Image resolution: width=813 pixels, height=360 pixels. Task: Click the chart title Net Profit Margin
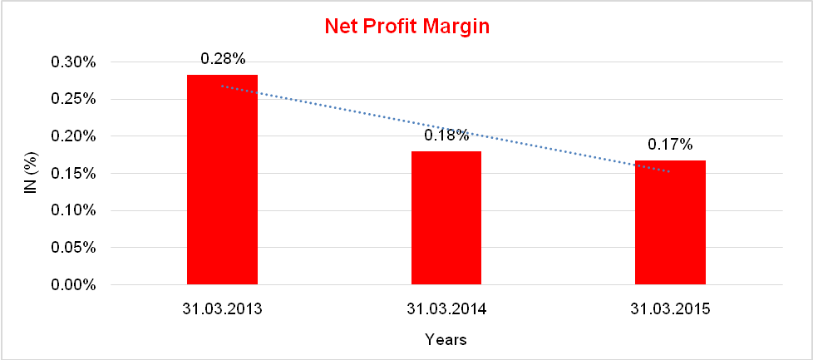406,27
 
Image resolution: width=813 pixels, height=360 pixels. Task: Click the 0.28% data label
222,59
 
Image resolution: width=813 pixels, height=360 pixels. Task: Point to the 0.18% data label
446,135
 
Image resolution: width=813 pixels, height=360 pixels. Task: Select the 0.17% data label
670,145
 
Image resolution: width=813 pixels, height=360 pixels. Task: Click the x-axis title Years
446,339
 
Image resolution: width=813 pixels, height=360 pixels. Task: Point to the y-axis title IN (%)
31,174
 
